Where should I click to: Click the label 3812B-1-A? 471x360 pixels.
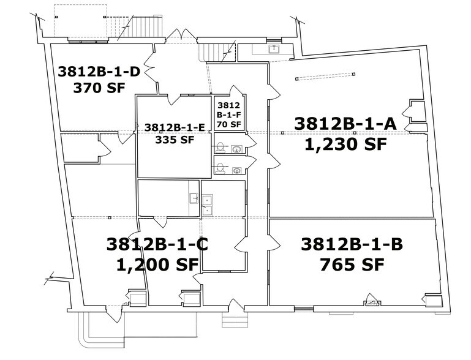[x=346, y=123]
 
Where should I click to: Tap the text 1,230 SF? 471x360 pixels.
[x=346, y=144]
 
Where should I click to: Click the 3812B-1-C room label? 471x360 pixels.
[x=157, y=245]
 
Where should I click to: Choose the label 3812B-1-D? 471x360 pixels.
[x=99, y=72]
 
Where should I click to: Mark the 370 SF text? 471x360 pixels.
[x=99, y=88]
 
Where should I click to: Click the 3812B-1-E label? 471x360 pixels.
[x=174, y=127]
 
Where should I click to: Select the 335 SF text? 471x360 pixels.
[x=174, y=139]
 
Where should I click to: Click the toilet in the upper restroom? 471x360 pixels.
[x=220, y=147]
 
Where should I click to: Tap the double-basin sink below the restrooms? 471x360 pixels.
[x=208, y=204]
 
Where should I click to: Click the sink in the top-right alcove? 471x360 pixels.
[x=275, y=48]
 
